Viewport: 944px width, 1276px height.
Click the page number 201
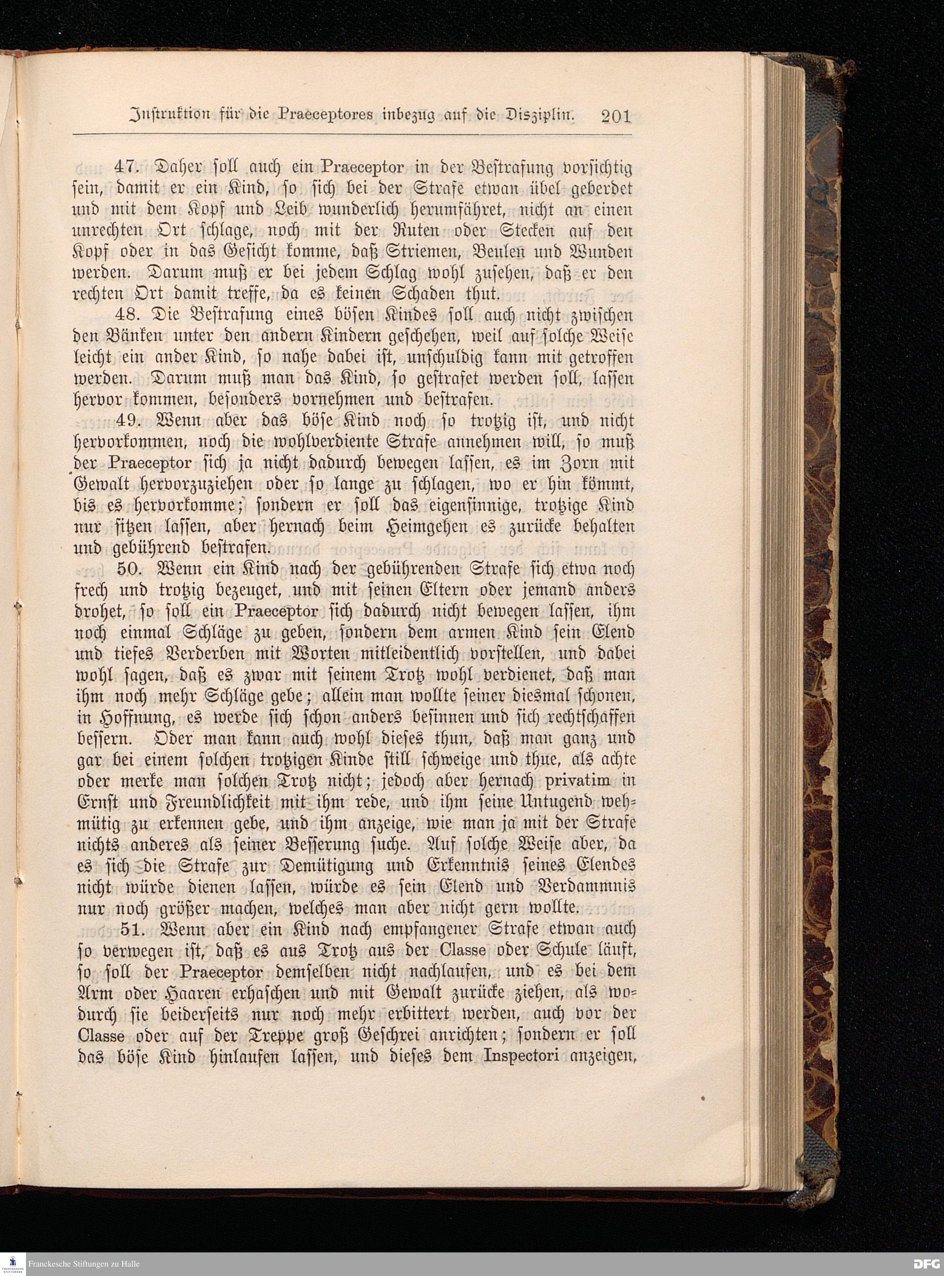pos(615,117)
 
